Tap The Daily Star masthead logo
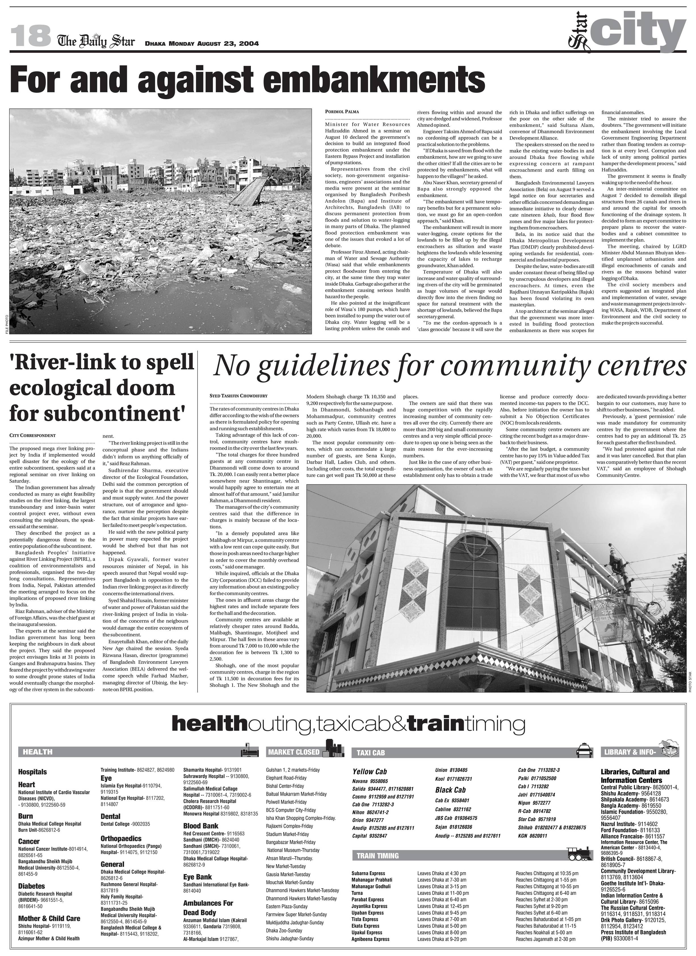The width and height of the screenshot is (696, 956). tap(96, 41)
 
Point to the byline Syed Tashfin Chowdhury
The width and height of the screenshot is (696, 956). tap(238, 396)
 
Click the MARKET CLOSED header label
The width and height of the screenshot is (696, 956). tap(294, 752)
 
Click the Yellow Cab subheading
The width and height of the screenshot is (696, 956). tap(370, 771)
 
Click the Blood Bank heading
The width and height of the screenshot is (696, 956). tap(201, 826)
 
